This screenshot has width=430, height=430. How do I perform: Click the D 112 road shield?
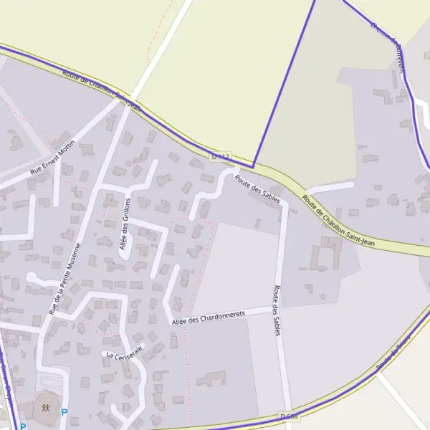point(221,156)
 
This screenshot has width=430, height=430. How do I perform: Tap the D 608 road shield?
point(288,416)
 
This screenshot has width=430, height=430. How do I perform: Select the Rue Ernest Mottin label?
point(52,162)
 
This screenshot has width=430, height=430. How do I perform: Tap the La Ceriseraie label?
point(124,351)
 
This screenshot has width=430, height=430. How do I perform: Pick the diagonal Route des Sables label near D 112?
point(257,188)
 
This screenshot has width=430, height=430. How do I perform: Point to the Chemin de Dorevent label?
point(388,46)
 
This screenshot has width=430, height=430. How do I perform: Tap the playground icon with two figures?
point(45,407)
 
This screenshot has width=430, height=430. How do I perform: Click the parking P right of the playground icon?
point(64,413)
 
